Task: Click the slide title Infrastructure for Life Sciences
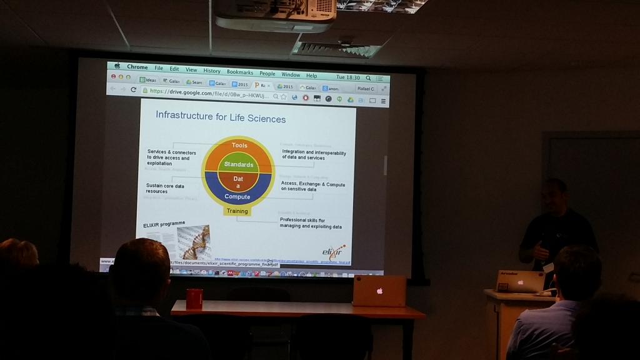click(x=221, y=117)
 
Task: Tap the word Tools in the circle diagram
click(x=239, y=146)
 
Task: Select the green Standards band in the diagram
click(x=239, y=164)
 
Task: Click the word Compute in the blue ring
click(x=237, y=197)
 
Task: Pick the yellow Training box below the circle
click(x=237, y=211)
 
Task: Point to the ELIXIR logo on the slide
click(x=333, y=252)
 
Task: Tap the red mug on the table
click(x=194, y=299)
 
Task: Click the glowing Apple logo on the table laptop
click(x=379, y=291)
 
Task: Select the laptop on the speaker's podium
click(x=520, y=281)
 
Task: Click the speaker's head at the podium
click(x=554, y=196)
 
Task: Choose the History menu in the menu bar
click(x=212, y=71)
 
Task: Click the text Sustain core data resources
click(x=166, y=188)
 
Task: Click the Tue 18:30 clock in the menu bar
click(x=348, y=77)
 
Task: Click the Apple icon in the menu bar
click(x=117, y=66)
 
